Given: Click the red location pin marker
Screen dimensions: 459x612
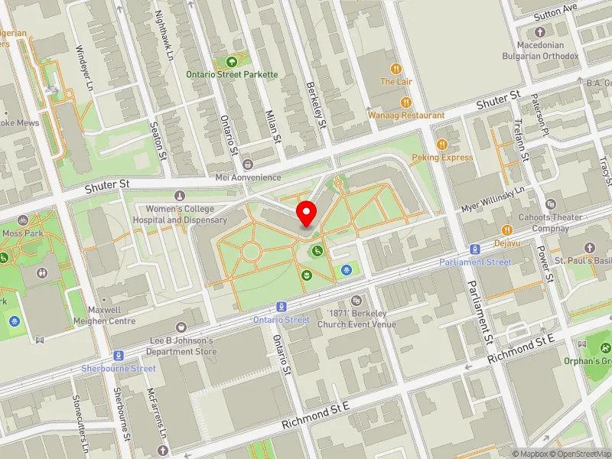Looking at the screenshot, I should coord(307,213).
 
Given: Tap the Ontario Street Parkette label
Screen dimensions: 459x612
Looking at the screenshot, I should coord(233,75).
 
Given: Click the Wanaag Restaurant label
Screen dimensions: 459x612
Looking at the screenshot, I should coord(406,115).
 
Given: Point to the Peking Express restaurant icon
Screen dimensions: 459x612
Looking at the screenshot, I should coord(441,145).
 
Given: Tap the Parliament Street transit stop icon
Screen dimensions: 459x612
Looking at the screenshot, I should coord(475,249).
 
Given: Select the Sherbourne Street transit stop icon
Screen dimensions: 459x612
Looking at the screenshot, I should coord(119,356).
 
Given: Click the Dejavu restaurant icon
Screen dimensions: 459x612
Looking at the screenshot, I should coord(506,230).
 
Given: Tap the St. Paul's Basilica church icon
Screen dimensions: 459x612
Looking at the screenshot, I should coord(589,248).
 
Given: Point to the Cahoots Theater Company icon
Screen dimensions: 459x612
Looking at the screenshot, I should coord(552,205).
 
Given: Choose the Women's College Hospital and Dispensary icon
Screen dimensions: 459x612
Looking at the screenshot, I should coord(180,197).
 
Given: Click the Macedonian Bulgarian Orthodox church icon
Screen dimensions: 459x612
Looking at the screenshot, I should coord(540,32).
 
